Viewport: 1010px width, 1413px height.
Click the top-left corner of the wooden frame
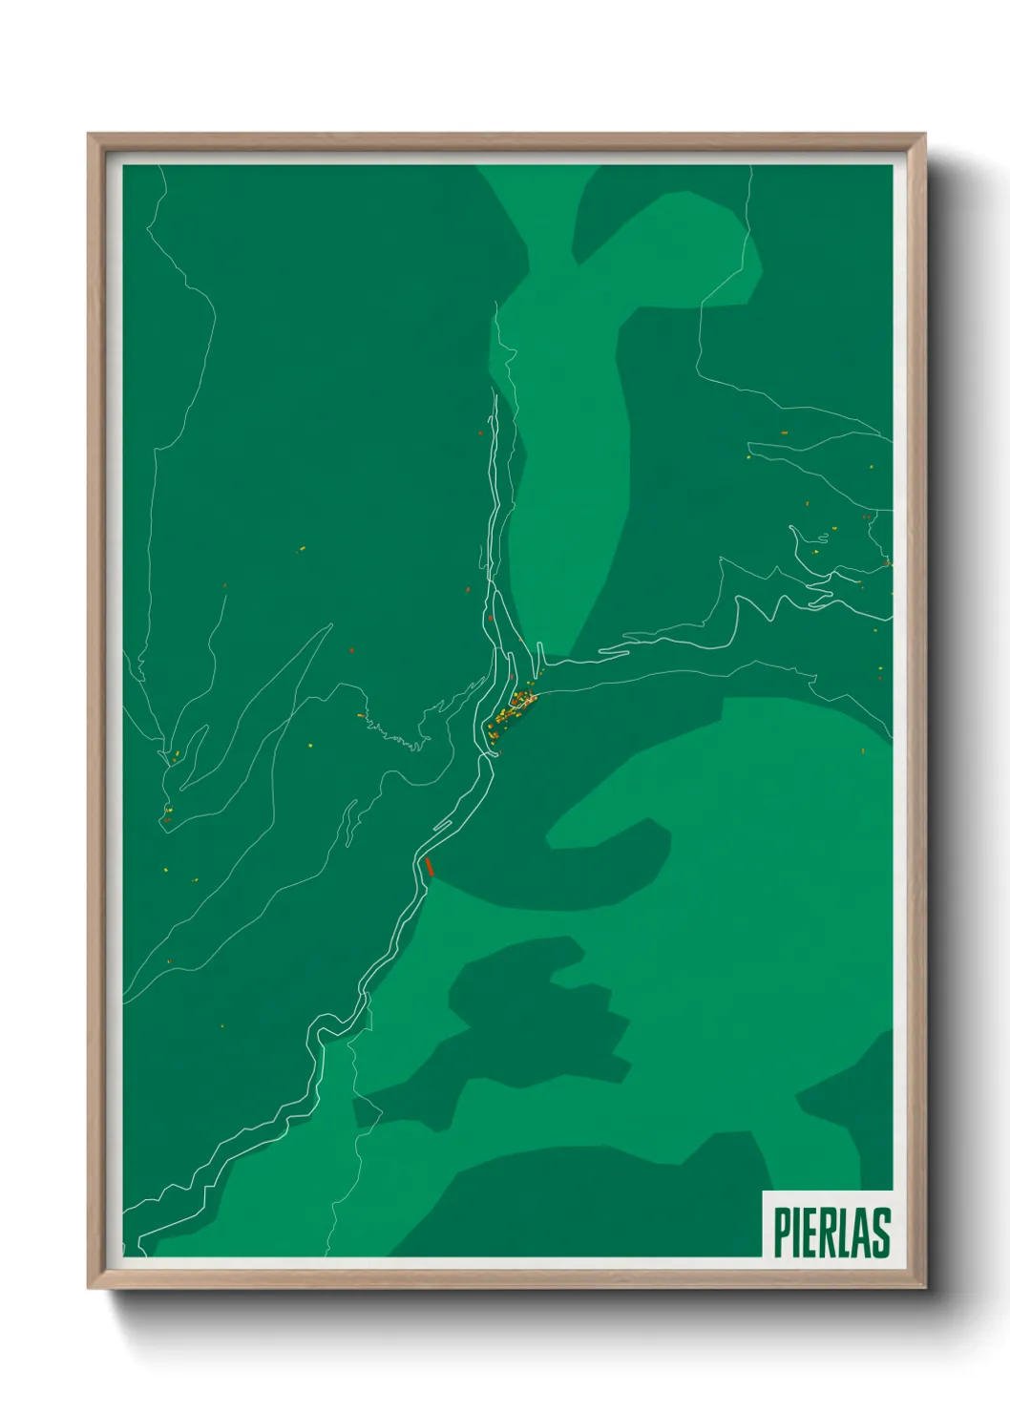click(x=89, y=135)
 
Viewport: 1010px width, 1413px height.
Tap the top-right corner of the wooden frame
click(x=925, y=135)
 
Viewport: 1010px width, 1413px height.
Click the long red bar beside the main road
click(x=429, y=866)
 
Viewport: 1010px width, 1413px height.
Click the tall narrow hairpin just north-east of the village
click(x=540, y=654)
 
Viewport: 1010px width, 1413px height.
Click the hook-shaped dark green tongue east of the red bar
click(x=611, y=859)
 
